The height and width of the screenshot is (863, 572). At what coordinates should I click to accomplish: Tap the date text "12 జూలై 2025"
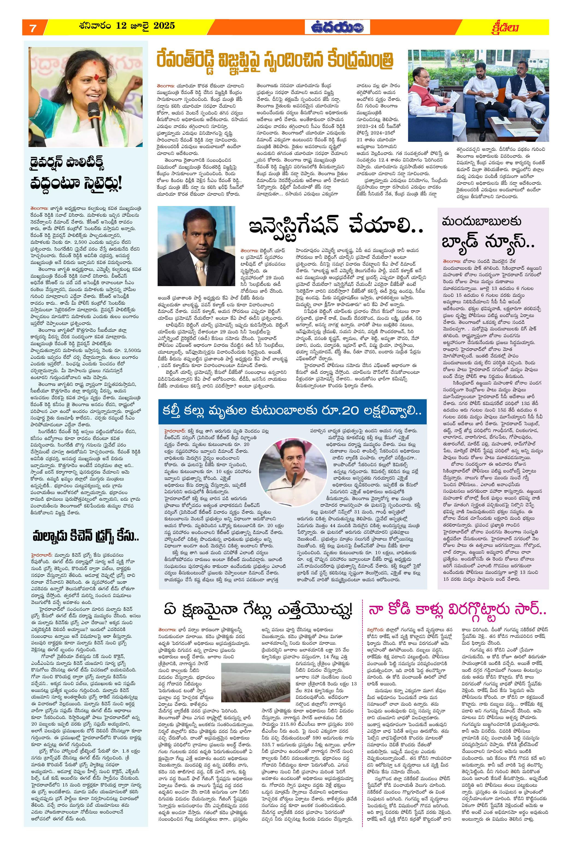(146, 25)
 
